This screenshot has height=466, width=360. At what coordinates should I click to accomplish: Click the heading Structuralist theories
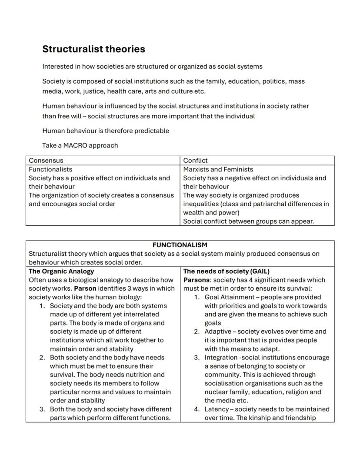(x=93, y=49)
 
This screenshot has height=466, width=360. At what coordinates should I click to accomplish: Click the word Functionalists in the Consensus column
(x=50, y=169)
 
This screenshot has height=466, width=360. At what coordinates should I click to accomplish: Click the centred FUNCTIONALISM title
(x=180, y=245)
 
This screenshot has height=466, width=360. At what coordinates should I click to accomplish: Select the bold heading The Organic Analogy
(x=61, y=271)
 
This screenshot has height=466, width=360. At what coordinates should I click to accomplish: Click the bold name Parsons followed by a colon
(x=197, y=280)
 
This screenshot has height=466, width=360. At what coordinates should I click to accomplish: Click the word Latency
(x=217, y=409)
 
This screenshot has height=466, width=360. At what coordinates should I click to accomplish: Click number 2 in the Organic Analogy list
(x=42, y=357)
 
